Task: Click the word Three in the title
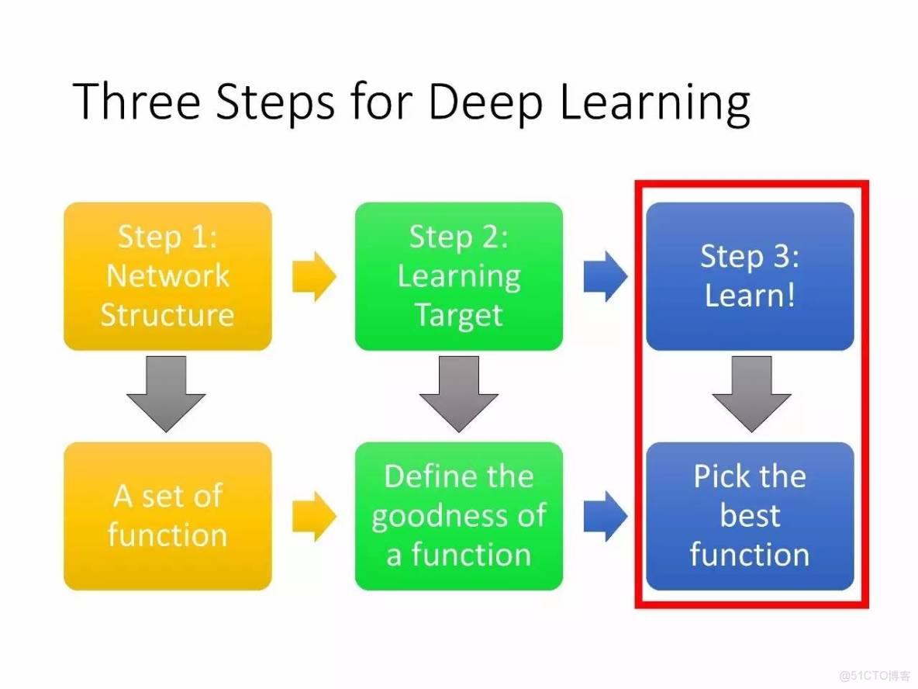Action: (x=137, y=101)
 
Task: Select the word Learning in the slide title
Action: (x=654, y=103)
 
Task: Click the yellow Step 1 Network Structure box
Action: (x=167, y=276)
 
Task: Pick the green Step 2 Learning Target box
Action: (x=458, y=276)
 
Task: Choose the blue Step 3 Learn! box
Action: (x=750, y=276)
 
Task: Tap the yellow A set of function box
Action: (x=167, y=515)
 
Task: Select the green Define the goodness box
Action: (x=458, y=515)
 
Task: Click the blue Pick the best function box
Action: (x=750, y=515)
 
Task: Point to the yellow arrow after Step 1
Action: (x=314, y=276)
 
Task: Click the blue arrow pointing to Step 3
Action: (x=606, y=276)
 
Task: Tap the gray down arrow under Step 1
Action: (x=166, y=393)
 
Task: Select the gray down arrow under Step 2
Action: (x=458, y=393)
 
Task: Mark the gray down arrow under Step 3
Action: (x=751, y=393)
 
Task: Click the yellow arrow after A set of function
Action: (x=314, y=516)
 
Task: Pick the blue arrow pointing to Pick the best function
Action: (x=606, y=516)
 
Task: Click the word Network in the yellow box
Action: (x=167, y=275)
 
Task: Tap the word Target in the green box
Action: (x=458, y=317)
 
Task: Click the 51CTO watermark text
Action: (x=875, y=675)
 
